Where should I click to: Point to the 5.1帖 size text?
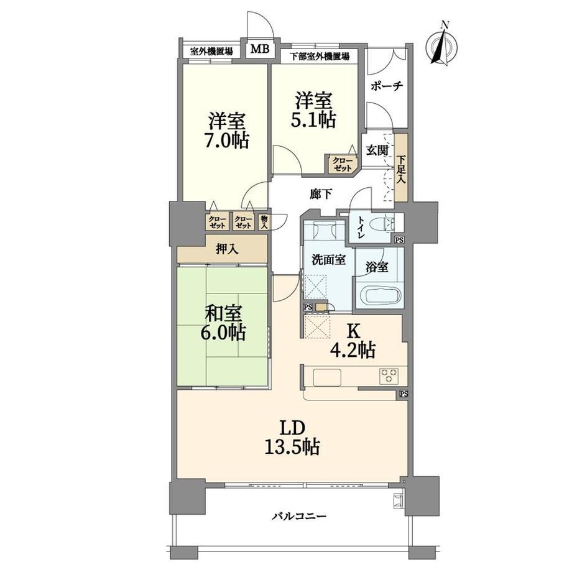[313, 120]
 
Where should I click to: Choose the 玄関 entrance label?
[377, 150]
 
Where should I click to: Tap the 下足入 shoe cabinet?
[402, 167]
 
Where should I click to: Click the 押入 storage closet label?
[227, 249]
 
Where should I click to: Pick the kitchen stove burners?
[389, 376]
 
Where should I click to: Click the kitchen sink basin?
[327, 377]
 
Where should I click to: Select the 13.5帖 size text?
[292, 447]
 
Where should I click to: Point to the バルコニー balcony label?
[299, 516]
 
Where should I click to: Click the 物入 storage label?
[264, 222]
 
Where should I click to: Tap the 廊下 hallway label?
[321, 195]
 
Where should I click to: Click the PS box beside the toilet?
[399, 240]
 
